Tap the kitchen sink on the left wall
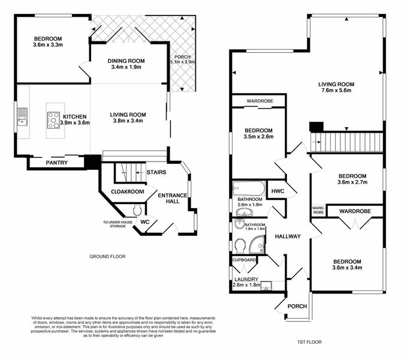[x=22, y=115]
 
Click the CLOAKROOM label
[x=128, y=191]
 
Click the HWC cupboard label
[x=278, y=191]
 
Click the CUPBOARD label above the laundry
[x=245, y=260]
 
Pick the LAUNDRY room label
[x=246, y=280]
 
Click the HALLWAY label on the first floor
[x=288, y=236]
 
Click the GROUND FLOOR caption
[x=107, y=256]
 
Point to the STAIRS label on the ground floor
[x=156, y=172]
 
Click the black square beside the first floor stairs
[x=316, y=127]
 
